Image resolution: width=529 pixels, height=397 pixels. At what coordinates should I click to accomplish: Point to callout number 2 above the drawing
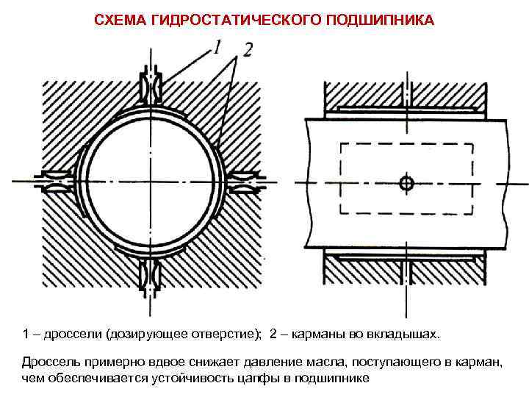point(248,50)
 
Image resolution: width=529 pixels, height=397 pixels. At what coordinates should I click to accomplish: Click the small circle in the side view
point(405,182)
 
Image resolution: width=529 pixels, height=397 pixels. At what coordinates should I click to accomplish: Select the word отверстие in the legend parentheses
point(227,335)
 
